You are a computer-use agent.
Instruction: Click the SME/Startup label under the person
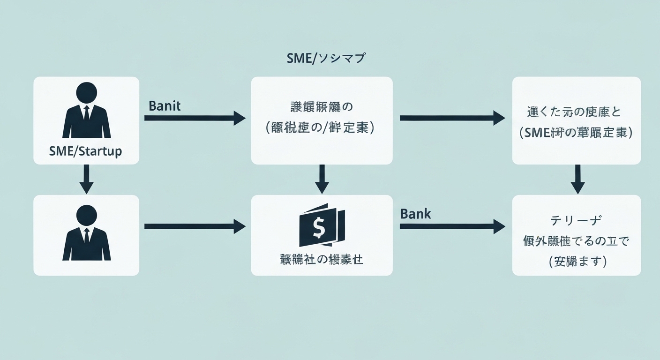pyautogui.click(x=85, y=151)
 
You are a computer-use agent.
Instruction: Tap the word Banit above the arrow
pyautogui.click(x=165, y=105)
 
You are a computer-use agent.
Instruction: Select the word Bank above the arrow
pyautogui.click(x=415, y=214)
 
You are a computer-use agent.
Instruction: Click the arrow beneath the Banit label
pyautogui.click(x=195, y=118)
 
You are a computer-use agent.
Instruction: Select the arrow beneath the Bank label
pyautogui.click(x=452, y=227)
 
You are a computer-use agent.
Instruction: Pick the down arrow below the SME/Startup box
pyautogui.click(x=86, y=179)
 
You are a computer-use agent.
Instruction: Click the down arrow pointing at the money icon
pyautogui.click(x=322, y=179)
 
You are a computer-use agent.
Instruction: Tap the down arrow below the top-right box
pyautogui.click(x=577, y=179)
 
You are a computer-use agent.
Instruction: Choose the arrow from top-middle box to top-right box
pyautogui.click(x=452, y=118)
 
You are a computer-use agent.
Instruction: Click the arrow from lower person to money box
pyautogui.click(x=195, y=227)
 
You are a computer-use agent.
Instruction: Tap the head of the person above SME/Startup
pyautogui.click(x=86, y=92)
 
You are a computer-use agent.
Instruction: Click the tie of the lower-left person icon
pyautogui.click(x=86, y=236)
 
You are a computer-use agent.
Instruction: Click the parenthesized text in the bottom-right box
pyautogui.click(x=577, y=262)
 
